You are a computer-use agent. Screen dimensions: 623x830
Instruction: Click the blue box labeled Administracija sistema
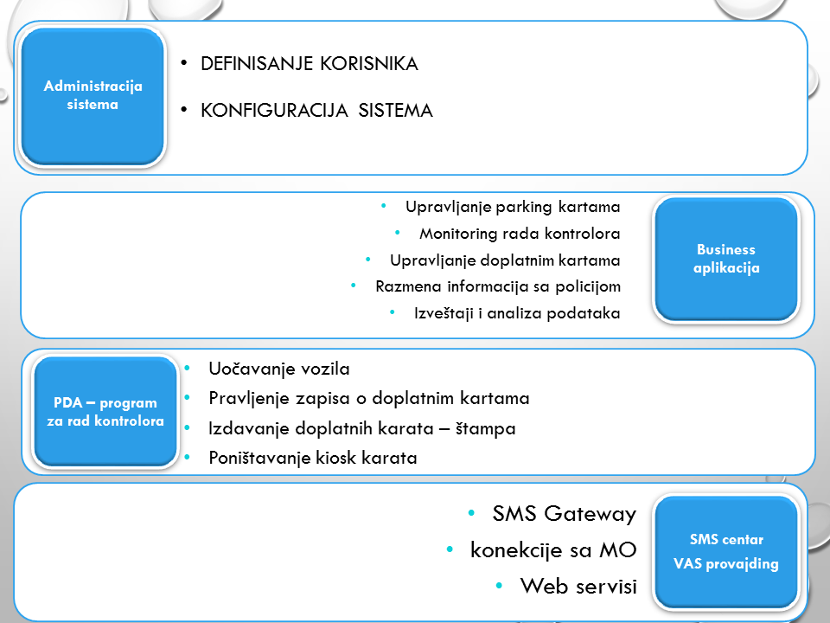pyautogui.click(x=93, y=95)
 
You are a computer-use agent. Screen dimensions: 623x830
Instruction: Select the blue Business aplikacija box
pyautogui.click(x=726, y=259)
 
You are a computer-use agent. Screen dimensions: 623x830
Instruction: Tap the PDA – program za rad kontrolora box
pyautogui.click(x=105, y=412)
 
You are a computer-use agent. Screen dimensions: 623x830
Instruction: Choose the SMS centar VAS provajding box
pyautogui.click(x=726, y=552)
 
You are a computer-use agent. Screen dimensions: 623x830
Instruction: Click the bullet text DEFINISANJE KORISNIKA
pyautogui.click(x=309, y=64)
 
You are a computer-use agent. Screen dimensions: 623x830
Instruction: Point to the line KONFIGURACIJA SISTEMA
pyautogui.click(x=316, y=111)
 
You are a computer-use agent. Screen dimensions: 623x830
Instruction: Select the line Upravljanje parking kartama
pyautogui.click(x=513, y=208)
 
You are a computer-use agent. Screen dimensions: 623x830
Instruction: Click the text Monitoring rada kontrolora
pyautogui.click(x=520, y=234)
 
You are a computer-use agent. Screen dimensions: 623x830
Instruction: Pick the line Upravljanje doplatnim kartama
pyautogui.click(x=505, y=260)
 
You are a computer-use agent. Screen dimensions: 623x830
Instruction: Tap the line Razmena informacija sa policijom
pyautogui.click(x=498, y=286)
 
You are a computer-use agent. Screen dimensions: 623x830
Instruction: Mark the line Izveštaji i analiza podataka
pyautogui.click(x=516, y=313)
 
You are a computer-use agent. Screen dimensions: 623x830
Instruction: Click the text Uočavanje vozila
pyautogui.click(x=279, y=369)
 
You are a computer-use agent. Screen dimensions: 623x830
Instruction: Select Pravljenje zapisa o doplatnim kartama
pyautogui.click(x=369, y=398)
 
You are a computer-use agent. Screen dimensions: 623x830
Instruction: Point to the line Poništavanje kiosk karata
pyautogui.click(x=313, y=458)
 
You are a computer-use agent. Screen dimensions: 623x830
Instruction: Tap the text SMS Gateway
pyautogui.click(x=565, y=514)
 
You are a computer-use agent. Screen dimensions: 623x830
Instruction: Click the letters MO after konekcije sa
pyautogui.click(x=620, y=549)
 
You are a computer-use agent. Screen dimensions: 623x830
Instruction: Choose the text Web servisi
pyautogui.click(x=578, y=586)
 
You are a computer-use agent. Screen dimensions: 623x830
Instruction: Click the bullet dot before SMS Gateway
pyautogui.click(x=470, y=513)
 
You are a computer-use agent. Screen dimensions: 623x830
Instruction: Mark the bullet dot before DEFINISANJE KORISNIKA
pyautogui.click(x=184, y=64)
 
